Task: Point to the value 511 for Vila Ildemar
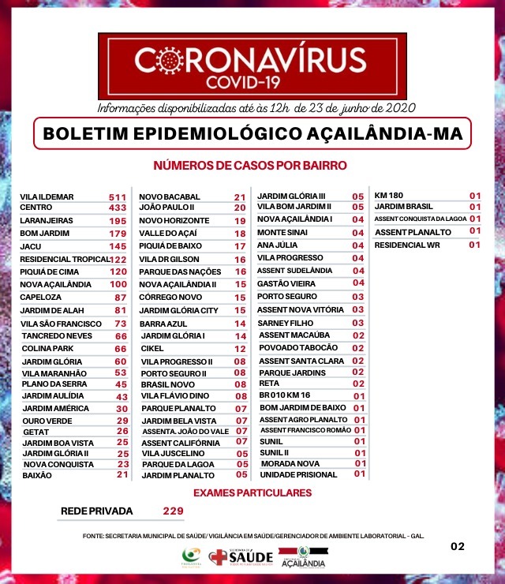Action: coord(118,197)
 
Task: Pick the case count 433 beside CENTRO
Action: coord(118,208)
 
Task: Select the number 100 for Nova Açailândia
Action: coord(118,284)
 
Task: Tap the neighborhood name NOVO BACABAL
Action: coord(170,197)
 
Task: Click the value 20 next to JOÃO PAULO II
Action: coord(240,208)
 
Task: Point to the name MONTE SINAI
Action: coord(282,233)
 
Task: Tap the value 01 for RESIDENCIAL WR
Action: coord(474,245)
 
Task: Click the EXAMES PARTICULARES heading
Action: coord(252,493)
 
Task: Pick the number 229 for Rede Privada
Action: coord(173,511)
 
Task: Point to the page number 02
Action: coord(458,545)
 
